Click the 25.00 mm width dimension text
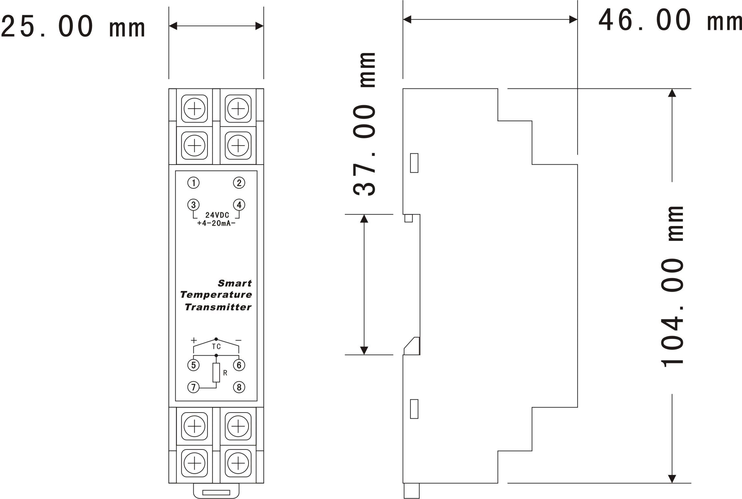(73, 26)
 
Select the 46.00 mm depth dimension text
(670, 20)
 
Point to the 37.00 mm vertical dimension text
(364, 124)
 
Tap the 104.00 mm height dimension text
(672, 286)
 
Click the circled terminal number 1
(193, 183)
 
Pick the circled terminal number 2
(239, 183)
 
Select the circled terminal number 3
(193, 205)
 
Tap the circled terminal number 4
(239, 205)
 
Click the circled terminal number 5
(193, 365)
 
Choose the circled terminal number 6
(239, 365)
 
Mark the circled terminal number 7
(193, 387)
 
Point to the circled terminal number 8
(239, 387)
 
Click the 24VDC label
(217, 215)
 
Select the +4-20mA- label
(216, 223)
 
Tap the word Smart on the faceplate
(235, 283)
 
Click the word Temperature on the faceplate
(216, 295)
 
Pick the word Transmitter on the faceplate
(218, 307)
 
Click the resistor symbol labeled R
(216, 373)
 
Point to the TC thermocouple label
(216, 347)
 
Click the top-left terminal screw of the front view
(194, 109)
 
